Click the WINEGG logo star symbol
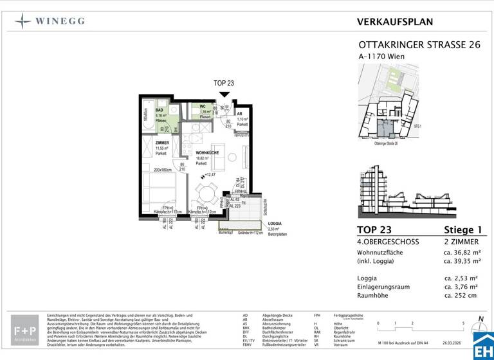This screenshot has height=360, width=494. pyautogui.click(x=23, y=21)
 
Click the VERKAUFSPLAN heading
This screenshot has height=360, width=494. pyautogui.click(x=394, y=22)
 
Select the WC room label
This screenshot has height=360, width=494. pyautogui.click(x=202, y=107)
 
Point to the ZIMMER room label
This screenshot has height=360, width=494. pyautogui.click(x=162, y=143)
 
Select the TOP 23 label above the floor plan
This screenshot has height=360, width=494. pyautogui.click(x=224, y=84)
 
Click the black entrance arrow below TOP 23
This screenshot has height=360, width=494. pyautogui.click(x=224, y=94)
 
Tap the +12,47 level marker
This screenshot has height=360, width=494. pyautogui.click(x=210, y=175)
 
